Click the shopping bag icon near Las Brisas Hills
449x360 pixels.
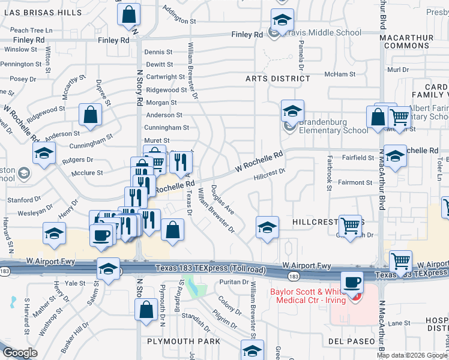point(128,16)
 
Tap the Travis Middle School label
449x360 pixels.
point(315,34)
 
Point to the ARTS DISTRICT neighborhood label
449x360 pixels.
point(278,79)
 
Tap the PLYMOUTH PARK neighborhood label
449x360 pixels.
point(183,341)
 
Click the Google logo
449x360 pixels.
point(20,353)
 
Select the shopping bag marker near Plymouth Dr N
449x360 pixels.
point(146,310)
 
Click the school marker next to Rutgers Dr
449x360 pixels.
point(44,154)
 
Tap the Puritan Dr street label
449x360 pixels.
point(229,281)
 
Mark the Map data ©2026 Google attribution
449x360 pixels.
point(412,355)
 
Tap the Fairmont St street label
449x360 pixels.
point(355,182)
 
